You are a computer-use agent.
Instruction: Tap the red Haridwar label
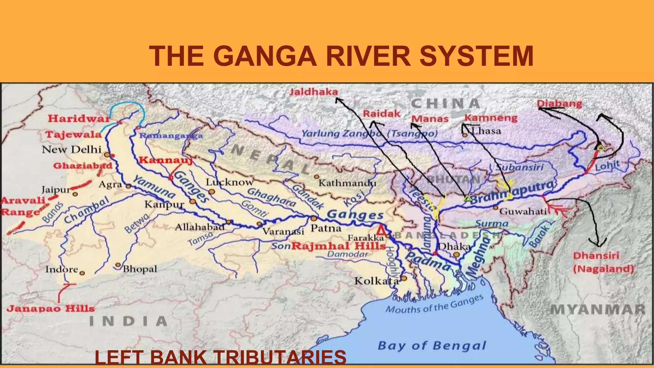coord(79,119)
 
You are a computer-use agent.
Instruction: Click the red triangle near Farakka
coord(380,230)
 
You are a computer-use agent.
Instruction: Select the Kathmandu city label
coord(347,183)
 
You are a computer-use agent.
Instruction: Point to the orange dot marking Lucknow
coord(212,192)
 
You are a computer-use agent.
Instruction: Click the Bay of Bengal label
coord(432,346)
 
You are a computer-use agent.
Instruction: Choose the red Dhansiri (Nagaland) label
coord(603,262)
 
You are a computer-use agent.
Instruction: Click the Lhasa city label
coord(486,131)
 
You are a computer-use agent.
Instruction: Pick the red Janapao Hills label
coord(51,309)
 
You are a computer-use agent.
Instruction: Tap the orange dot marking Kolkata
coord(404,278)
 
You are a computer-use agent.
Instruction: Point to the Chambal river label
coord(87,210)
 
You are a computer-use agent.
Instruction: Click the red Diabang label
coord(559,103)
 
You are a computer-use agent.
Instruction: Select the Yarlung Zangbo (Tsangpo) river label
coord(369,134)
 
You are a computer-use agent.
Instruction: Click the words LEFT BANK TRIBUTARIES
coord(220,357)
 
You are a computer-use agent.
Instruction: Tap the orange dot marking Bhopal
coord(118,265)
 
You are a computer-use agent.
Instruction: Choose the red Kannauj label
coord(165,160)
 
